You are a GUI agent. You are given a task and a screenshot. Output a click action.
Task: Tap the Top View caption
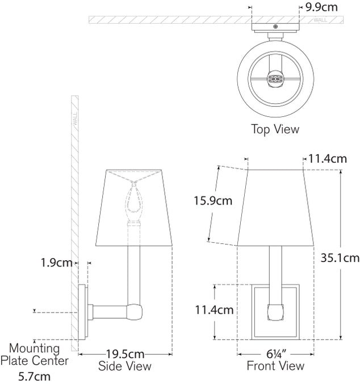point(275,129)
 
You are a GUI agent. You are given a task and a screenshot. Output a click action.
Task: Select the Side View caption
point(125,366)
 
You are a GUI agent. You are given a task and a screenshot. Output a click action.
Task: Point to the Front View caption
point(275,366)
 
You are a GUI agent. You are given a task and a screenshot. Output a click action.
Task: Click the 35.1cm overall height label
point(338,258)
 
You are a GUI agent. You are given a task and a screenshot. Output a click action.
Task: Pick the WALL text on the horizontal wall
point(320,20)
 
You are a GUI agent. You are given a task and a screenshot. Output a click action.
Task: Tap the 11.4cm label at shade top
point(327,159)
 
